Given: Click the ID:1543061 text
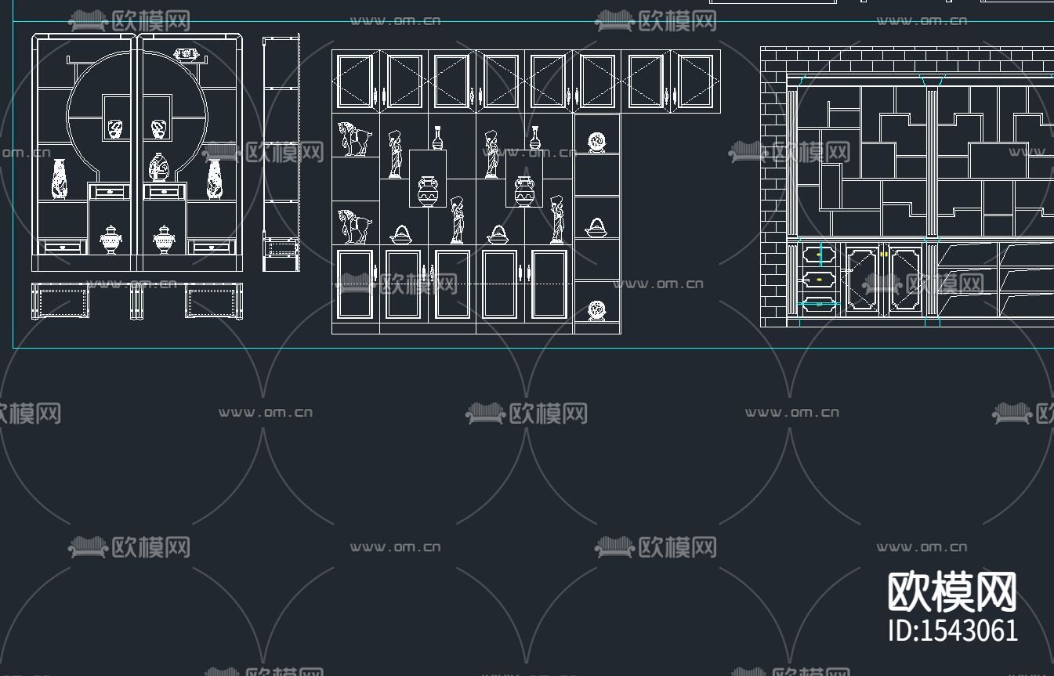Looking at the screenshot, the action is pyautogui.click(x=953, y=631).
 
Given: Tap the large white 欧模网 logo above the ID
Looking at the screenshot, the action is pyautogui.click(x=952, y=592).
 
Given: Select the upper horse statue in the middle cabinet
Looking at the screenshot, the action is pyautogui.click(x=354, y=139).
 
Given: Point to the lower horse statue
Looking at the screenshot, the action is pyautogui.click(x=354, y=226).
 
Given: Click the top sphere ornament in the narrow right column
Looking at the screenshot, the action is pyautogui.click(x=597, y=142).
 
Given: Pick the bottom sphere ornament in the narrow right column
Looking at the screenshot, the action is pyautogui.click(x=597, y=310).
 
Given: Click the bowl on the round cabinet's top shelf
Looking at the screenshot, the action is pyautogui.click(x=187, y=54).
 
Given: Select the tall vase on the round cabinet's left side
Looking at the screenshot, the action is pyautogui.click(x=60, y=179).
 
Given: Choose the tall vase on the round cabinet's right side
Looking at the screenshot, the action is pyautogui.click(x=215, y=179).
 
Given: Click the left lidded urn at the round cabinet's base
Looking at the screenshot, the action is pyautogui.click(x=111, y=240).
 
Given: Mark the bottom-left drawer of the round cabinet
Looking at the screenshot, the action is pyautogui.click(x=63, y=247).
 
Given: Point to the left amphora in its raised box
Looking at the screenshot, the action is pyautogui.click(x=427, y=191).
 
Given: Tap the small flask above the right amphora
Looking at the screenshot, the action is pyautogui.click(x=534, y=138).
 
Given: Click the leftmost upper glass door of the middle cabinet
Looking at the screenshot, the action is pyautogui.click(x=355, y=81).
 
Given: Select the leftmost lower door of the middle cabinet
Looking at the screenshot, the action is pyautogui.click(x=355, y=284).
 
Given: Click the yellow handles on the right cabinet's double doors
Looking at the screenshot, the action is pyautogui.click(x=883, y=254).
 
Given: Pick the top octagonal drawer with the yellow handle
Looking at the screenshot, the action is pyautogui.click(x=819, y=255).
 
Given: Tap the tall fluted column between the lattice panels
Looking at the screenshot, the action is pyautogui.click(x=932, y=162).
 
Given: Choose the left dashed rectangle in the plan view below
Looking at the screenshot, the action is pyautogui.click(x=60, y=302).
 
